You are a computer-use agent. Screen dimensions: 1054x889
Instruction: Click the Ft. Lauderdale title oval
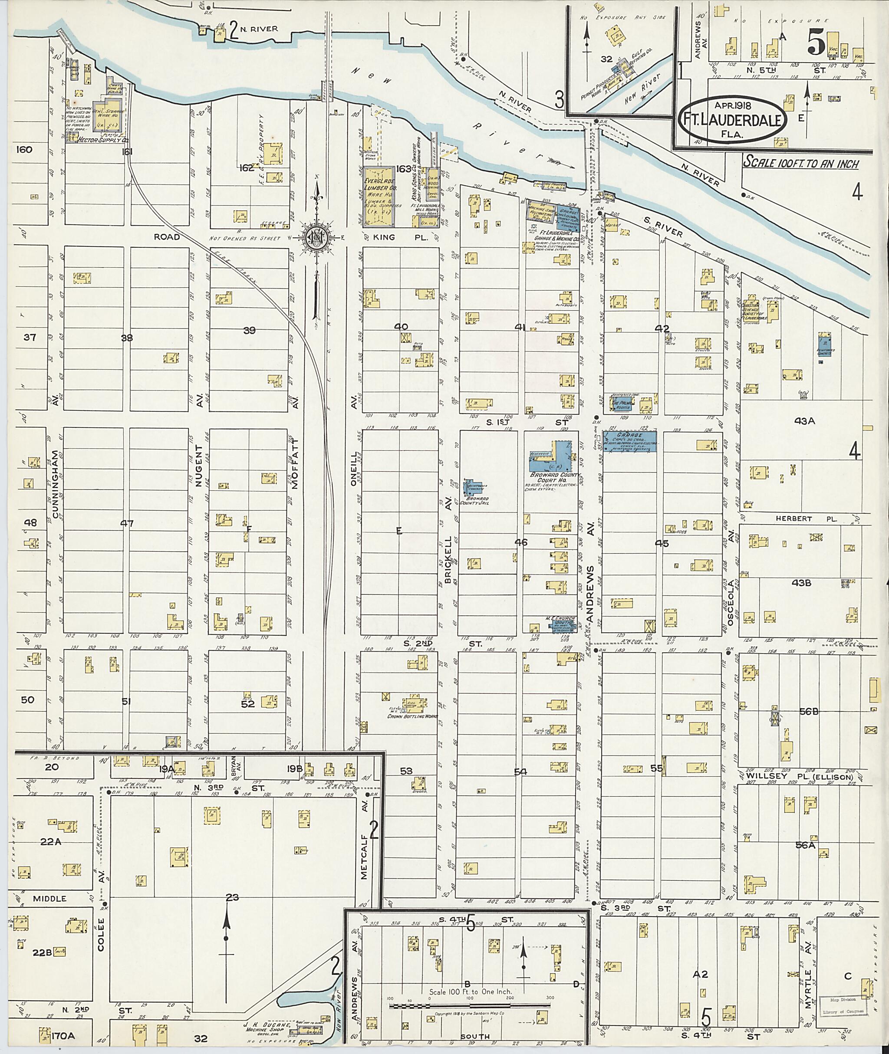pyautogui.click(x=733, y=121)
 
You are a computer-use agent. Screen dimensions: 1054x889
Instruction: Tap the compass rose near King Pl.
pyautogui.click(x=317, y=235)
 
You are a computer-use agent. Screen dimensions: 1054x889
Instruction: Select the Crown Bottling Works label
pyautogui.click(x=412, y=716)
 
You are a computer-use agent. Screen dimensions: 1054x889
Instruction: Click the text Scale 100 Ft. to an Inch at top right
pyautogui.click(x=800, y=163)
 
